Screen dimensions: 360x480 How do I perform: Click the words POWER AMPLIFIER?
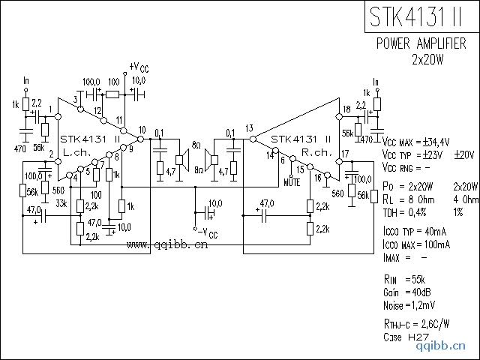tap(425, 43)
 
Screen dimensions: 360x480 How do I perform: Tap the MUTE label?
tap(292, 181)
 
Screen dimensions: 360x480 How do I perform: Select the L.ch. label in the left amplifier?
tap(76, 152)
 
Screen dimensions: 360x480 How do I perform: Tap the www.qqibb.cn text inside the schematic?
tap(167, 244)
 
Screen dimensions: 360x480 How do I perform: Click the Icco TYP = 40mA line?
tap(415, 232)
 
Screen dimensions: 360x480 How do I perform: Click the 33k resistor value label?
tap(61, 202)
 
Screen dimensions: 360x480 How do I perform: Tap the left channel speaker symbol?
tap(181, 159)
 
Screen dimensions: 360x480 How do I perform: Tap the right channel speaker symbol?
tap(211, 159)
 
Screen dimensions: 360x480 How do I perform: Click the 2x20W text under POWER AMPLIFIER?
tap(428, 58)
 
